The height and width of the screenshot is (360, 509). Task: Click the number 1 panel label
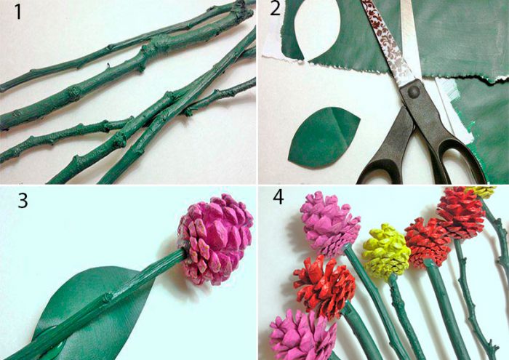pos(18,12)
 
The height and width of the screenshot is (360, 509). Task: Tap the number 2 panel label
pos(275,9)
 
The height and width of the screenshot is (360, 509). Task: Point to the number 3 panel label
pos(23,200)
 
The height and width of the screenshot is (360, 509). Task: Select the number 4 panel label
pos(278,196)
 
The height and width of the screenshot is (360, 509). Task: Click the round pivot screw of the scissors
pos(414,92)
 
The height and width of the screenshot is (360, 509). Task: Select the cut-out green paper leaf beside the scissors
pos(323,137)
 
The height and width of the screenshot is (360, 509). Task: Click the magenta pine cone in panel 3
pos(215,239)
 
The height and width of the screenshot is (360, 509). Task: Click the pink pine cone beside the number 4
pos(329,224)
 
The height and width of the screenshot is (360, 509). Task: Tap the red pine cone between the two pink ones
pos(324,287)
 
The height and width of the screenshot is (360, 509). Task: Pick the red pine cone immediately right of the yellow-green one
pos(428,242)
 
